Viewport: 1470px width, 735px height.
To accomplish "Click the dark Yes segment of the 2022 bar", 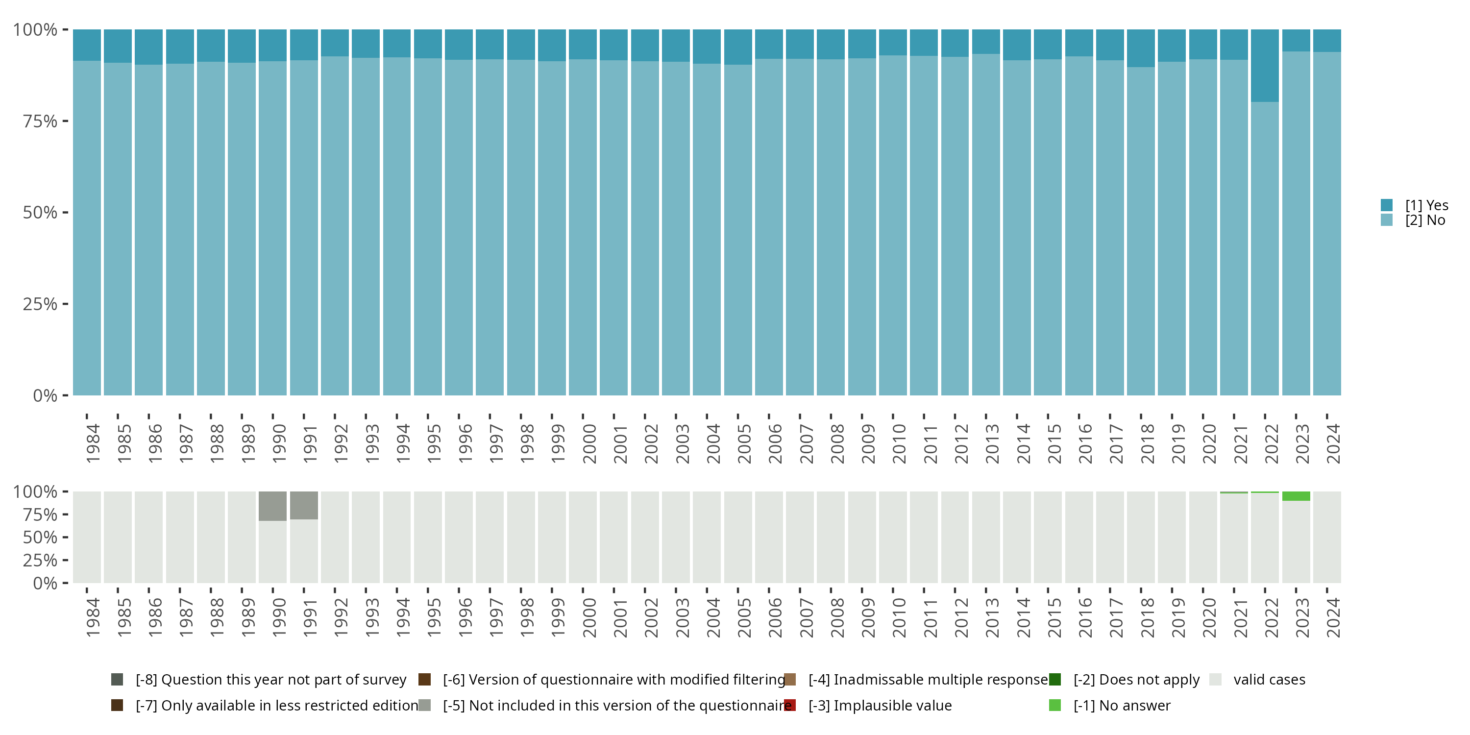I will click(1265, 66).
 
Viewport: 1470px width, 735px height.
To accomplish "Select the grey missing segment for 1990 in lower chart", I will click(273, 506).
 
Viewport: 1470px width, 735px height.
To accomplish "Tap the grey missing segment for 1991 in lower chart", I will click(304, 505).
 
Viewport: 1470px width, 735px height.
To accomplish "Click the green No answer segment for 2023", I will click(1296, 496).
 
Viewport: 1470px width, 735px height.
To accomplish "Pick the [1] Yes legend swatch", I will click(1387, 205).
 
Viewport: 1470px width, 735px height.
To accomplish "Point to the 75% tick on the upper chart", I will click(65, 121).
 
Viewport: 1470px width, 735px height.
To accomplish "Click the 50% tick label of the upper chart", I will click(40, 213).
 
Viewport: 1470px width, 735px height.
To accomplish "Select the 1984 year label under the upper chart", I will click(93, 443).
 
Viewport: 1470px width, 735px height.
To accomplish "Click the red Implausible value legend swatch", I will click(790, 705).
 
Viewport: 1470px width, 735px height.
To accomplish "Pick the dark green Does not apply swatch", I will click(1054, 680).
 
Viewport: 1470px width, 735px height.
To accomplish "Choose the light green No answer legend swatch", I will click(1054, 705).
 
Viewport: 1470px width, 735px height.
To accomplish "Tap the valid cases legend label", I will click(1269, 680).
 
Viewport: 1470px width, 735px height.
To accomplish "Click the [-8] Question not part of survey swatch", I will click(117, 680).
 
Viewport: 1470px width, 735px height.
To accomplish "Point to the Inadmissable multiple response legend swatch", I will click(790, 680).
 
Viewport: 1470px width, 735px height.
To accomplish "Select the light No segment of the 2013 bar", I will click(986, 228).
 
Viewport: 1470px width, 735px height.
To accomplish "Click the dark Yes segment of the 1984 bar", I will click(87, 45).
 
